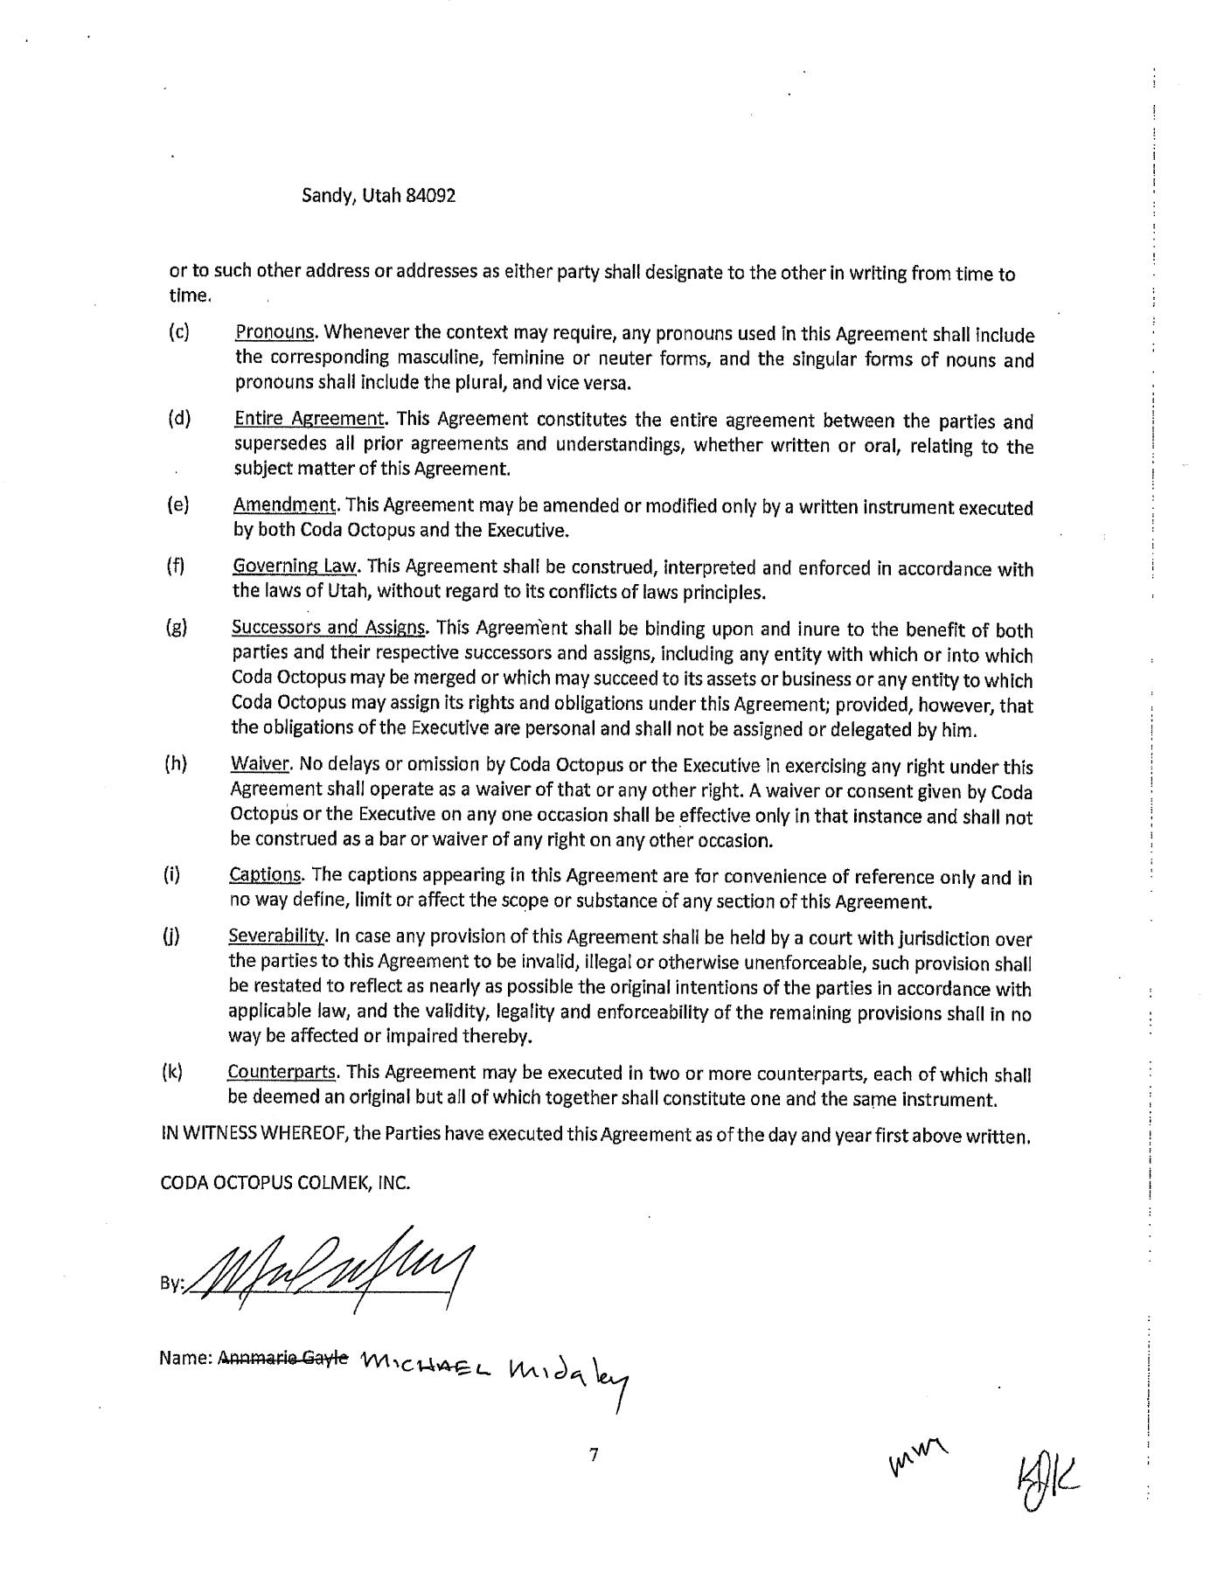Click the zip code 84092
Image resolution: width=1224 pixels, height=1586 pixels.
click(x=430, y=196)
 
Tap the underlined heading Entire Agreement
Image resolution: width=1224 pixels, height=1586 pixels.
click(x=309, y=419)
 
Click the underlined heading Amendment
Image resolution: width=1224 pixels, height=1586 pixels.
click(x=285, y=505)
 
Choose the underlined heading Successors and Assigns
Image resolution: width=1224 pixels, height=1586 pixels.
click(x=330, y=628)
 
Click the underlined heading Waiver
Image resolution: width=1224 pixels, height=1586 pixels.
click(x=260, y=764)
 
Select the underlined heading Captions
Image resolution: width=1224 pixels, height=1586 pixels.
click(x=266, y=875)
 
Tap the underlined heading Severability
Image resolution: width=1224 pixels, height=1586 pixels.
click(x=277, y=936)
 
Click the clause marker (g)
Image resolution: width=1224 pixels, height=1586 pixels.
click(x=177, y=628)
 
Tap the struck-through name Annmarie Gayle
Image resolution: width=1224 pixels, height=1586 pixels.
click(x=282, y=1358)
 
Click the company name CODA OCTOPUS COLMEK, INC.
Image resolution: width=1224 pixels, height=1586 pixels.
click(x=285, y=1183)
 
